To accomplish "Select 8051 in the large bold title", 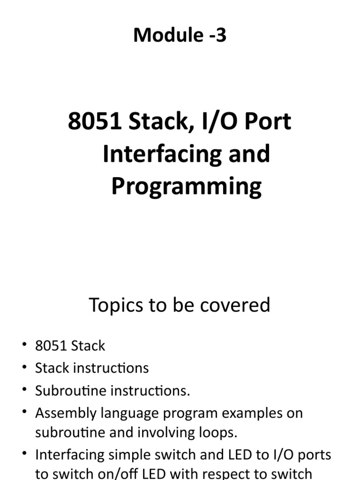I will click(95, 122).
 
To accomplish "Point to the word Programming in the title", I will click(186, 187).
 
